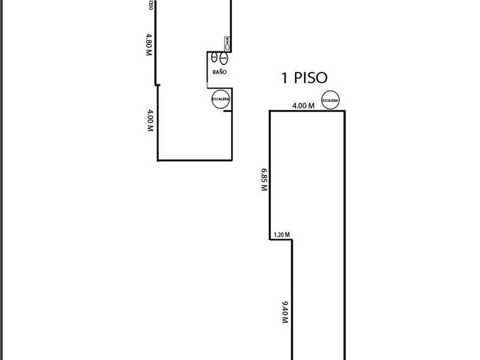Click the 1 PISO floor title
(x=305, y=78)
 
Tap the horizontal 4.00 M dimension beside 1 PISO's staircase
(x=303, y=105)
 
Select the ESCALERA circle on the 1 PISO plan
(x=330, y=99)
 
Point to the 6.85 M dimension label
(x=264, y=179)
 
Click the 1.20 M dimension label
(x=282, y=234)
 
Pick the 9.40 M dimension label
(x=285, y=312)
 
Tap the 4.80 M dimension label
(x=149, y=44)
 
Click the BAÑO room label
(x=219, y=73)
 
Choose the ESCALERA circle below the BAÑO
(x=221, y=99)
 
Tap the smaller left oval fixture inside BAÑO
(x=214, y=58)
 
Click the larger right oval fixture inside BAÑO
(x=223, y=58)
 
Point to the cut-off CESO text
(x=150, y=5)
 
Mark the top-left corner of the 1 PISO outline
(x=270, y=111)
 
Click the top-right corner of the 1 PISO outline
(x=345, y=111)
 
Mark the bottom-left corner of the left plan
(x=158, y=161)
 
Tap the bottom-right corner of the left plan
(x=232, y=161)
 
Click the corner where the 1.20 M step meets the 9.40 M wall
(x=293, y=239)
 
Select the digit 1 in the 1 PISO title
(x=284, y=78)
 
